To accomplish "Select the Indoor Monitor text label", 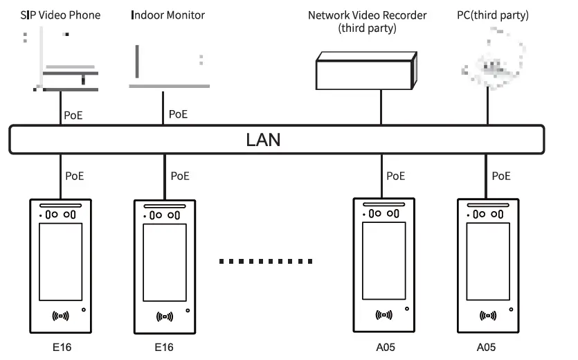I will [168, 15].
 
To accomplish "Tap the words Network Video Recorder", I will [367, 15].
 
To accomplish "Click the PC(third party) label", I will [494, 15].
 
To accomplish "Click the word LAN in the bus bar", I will [263, 140].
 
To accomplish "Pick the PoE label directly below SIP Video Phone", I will [74, 115].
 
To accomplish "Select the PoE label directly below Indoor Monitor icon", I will [178, 115].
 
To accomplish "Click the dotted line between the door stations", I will [266, 261].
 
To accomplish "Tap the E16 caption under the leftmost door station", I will [62, 348].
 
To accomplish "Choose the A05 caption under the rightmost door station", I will [486, 348].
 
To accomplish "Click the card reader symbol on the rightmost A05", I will [487, 316].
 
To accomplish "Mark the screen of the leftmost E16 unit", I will [61, 261].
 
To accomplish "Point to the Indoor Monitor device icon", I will [168, 66].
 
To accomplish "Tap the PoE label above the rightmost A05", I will [502, 176].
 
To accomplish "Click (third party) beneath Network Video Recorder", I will [367, 28].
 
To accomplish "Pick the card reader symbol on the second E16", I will [164, 317].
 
